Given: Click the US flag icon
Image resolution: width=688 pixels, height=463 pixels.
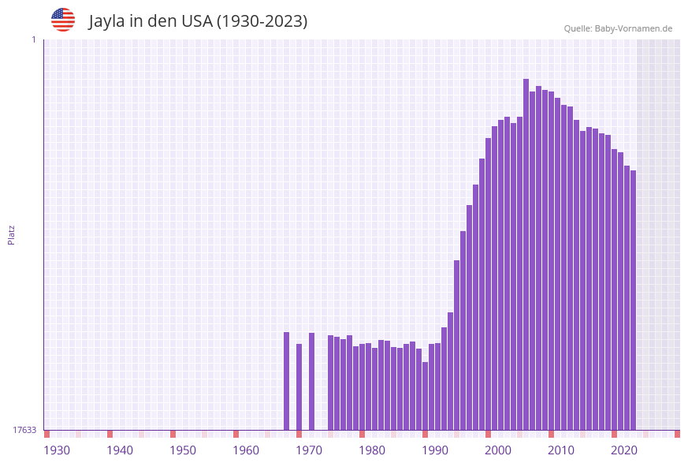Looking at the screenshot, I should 63,20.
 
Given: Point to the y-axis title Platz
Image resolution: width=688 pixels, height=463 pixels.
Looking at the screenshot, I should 12,235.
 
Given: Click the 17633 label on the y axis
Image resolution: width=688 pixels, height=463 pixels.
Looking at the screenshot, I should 24,430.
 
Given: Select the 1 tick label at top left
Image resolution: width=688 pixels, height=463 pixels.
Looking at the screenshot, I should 33,39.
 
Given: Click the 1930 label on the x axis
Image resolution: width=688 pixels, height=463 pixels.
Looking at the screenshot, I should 57,450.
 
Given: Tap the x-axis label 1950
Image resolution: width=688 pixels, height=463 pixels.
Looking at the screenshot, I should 183,450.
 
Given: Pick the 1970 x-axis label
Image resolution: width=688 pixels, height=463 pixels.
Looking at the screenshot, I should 309,450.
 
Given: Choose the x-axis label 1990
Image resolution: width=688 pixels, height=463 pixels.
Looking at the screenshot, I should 435,450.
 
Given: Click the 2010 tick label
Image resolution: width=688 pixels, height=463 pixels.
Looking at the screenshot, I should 561,450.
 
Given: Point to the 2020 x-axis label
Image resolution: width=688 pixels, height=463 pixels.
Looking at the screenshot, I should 624,450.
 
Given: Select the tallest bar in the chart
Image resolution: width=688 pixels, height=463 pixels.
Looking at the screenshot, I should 526,252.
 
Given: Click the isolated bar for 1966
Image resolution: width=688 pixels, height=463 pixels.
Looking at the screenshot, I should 286,380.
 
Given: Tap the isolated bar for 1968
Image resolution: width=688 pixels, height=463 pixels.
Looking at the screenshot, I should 299,386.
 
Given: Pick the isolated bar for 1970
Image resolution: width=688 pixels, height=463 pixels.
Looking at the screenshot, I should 311,381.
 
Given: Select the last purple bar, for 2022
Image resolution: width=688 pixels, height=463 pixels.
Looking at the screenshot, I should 633,300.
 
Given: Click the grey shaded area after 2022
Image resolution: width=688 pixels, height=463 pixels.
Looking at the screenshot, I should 658,237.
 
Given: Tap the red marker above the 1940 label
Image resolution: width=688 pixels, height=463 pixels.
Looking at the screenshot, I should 110,434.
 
